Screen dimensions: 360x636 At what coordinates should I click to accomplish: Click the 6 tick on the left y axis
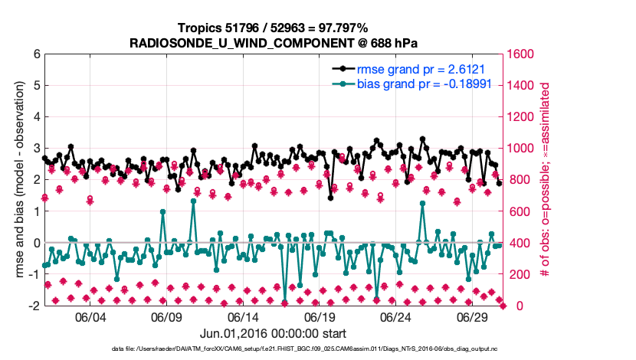pyautogui.click(x=36, y=54)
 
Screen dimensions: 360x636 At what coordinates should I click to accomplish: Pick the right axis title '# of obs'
pyautogui.click(x=546, y=180)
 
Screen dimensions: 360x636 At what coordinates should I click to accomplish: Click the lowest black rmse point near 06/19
pyautogui.click(x=330, y=198)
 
